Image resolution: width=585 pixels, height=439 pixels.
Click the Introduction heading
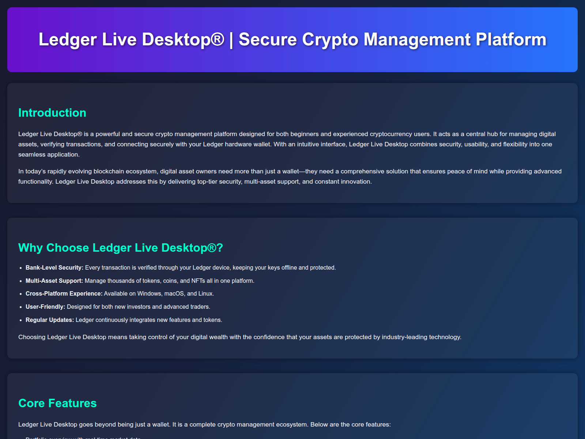point(52,113)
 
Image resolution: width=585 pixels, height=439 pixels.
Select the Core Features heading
point(57,403)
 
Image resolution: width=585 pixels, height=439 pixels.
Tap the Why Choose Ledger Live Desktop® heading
point(120,248)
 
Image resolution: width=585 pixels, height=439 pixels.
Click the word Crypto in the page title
point(330,40)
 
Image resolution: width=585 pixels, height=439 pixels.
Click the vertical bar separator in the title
point(231,40)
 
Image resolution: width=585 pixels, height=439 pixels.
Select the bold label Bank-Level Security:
point(54,268)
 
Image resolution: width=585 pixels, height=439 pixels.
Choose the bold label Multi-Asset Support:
point(54,281)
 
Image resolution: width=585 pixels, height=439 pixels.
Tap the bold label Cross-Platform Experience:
point(64,294)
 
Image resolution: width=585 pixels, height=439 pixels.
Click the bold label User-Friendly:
point(45,307)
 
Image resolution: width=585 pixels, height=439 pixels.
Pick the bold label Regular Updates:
point(50,320)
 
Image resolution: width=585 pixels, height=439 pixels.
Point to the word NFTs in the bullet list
point(199,281)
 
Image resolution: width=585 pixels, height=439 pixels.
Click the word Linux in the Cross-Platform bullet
point(206,294)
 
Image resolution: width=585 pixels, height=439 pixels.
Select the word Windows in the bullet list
point(149,294)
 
